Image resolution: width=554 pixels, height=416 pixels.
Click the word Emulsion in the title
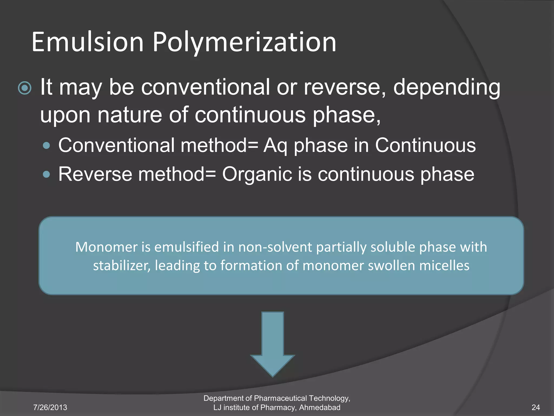click(x=87, y=42)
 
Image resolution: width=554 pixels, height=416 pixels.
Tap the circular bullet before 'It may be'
click(x=25, y=88)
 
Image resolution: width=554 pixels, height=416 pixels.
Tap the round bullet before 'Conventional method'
click(x=47, y=146)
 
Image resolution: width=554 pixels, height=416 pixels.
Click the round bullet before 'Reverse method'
click(x=47, y=174)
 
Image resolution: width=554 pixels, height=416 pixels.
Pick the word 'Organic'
click(x=257, y=174)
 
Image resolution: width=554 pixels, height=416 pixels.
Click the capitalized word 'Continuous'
click(x=425, y=145)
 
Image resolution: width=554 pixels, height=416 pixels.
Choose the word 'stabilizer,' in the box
click(x=122, y=266)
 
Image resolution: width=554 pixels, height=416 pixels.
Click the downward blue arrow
click(x=272, y=344)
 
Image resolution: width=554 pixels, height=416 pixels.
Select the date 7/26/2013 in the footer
click(x=50, y=407)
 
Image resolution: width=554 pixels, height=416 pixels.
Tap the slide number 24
click(x=536, y=407)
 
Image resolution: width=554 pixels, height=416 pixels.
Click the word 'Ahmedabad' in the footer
click(x=320, y=407)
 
